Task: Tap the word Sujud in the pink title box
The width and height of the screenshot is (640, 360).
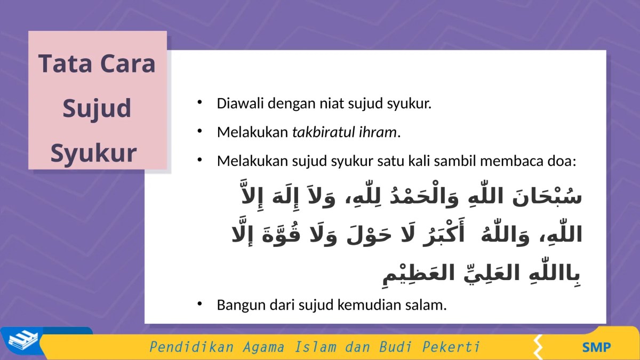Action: [97, 108]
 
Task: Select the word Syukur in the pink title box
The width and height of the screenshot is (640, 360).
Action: [94, 153]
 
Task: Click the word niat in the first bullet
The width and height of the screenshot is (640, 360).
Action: [331, 103]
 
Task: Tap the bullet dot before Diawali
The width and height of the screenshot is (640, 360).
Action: [199, 102]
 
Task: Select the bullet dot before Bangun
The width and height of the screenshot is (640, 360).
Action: [199, 304]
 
